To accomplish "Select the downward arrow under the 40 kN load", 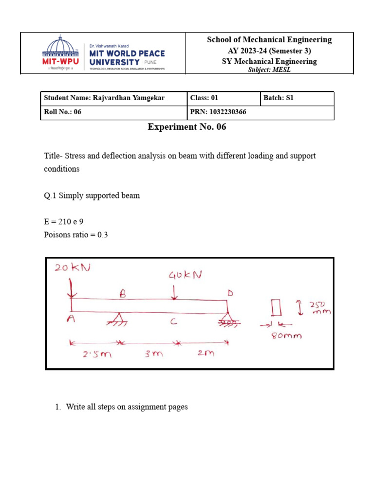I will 174,291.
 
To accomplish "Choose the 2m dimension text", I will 206,354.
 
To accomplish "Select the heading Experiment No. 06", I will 187,127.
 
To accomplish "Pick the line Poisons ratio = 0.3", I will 75,235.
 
